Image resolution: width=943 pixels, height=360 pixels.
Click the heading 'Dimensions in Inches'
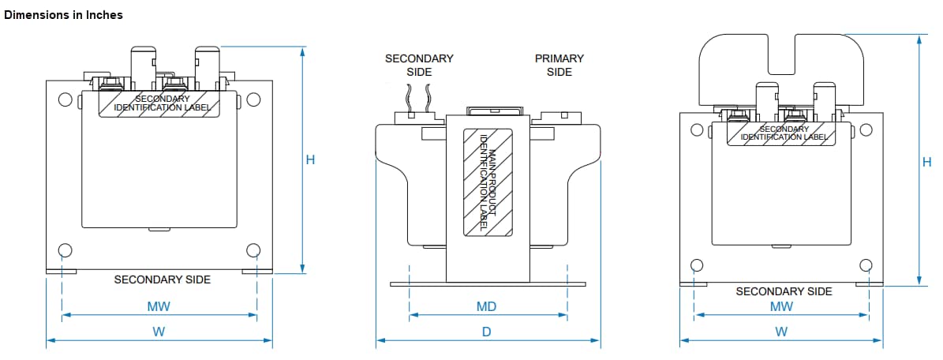pos(64,15)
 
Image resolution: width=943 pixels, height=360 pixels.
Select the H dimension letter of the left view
pos(310,159)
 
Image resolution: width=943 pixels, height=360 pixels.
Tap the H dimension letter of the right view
pos(926,163)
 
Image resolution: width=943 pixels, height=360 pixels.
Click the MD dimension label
pos(486,306)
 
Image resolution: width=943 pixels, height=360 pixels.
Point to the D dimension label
pos(486,332)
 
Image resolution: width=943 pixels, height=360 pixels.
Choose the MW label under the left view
pos(159,306)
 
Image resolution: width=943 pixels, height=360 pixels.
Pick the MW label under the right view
pos(781,306)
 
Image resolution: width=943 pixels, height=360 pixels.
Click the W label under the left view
pos(159,332)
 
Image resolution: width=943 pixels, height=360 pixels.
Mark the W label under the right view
pos(781,332)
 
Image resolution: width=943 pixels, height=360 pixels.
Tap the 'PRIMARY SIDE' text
pos(559,65)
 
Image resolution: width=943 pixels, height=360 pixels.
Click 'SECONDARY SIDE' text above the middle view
pos(419,65)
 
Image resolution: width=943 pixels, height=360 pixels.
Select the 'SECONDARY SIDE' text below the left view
pos(163,279)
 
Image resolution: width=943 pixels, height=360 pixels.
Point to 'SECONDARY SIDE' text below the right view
pos(784,291)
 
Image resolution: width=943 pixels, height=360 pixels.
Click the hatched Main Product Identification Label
pos(486,182)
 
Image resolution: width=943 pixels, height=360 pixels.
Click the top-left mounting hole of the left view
pos(65,100)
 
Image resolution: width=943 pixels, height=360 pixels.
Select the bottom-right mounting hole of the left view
pos(253,250)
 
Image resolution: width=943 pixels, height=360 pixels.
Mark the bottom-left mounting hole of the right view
pos(696,264)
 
